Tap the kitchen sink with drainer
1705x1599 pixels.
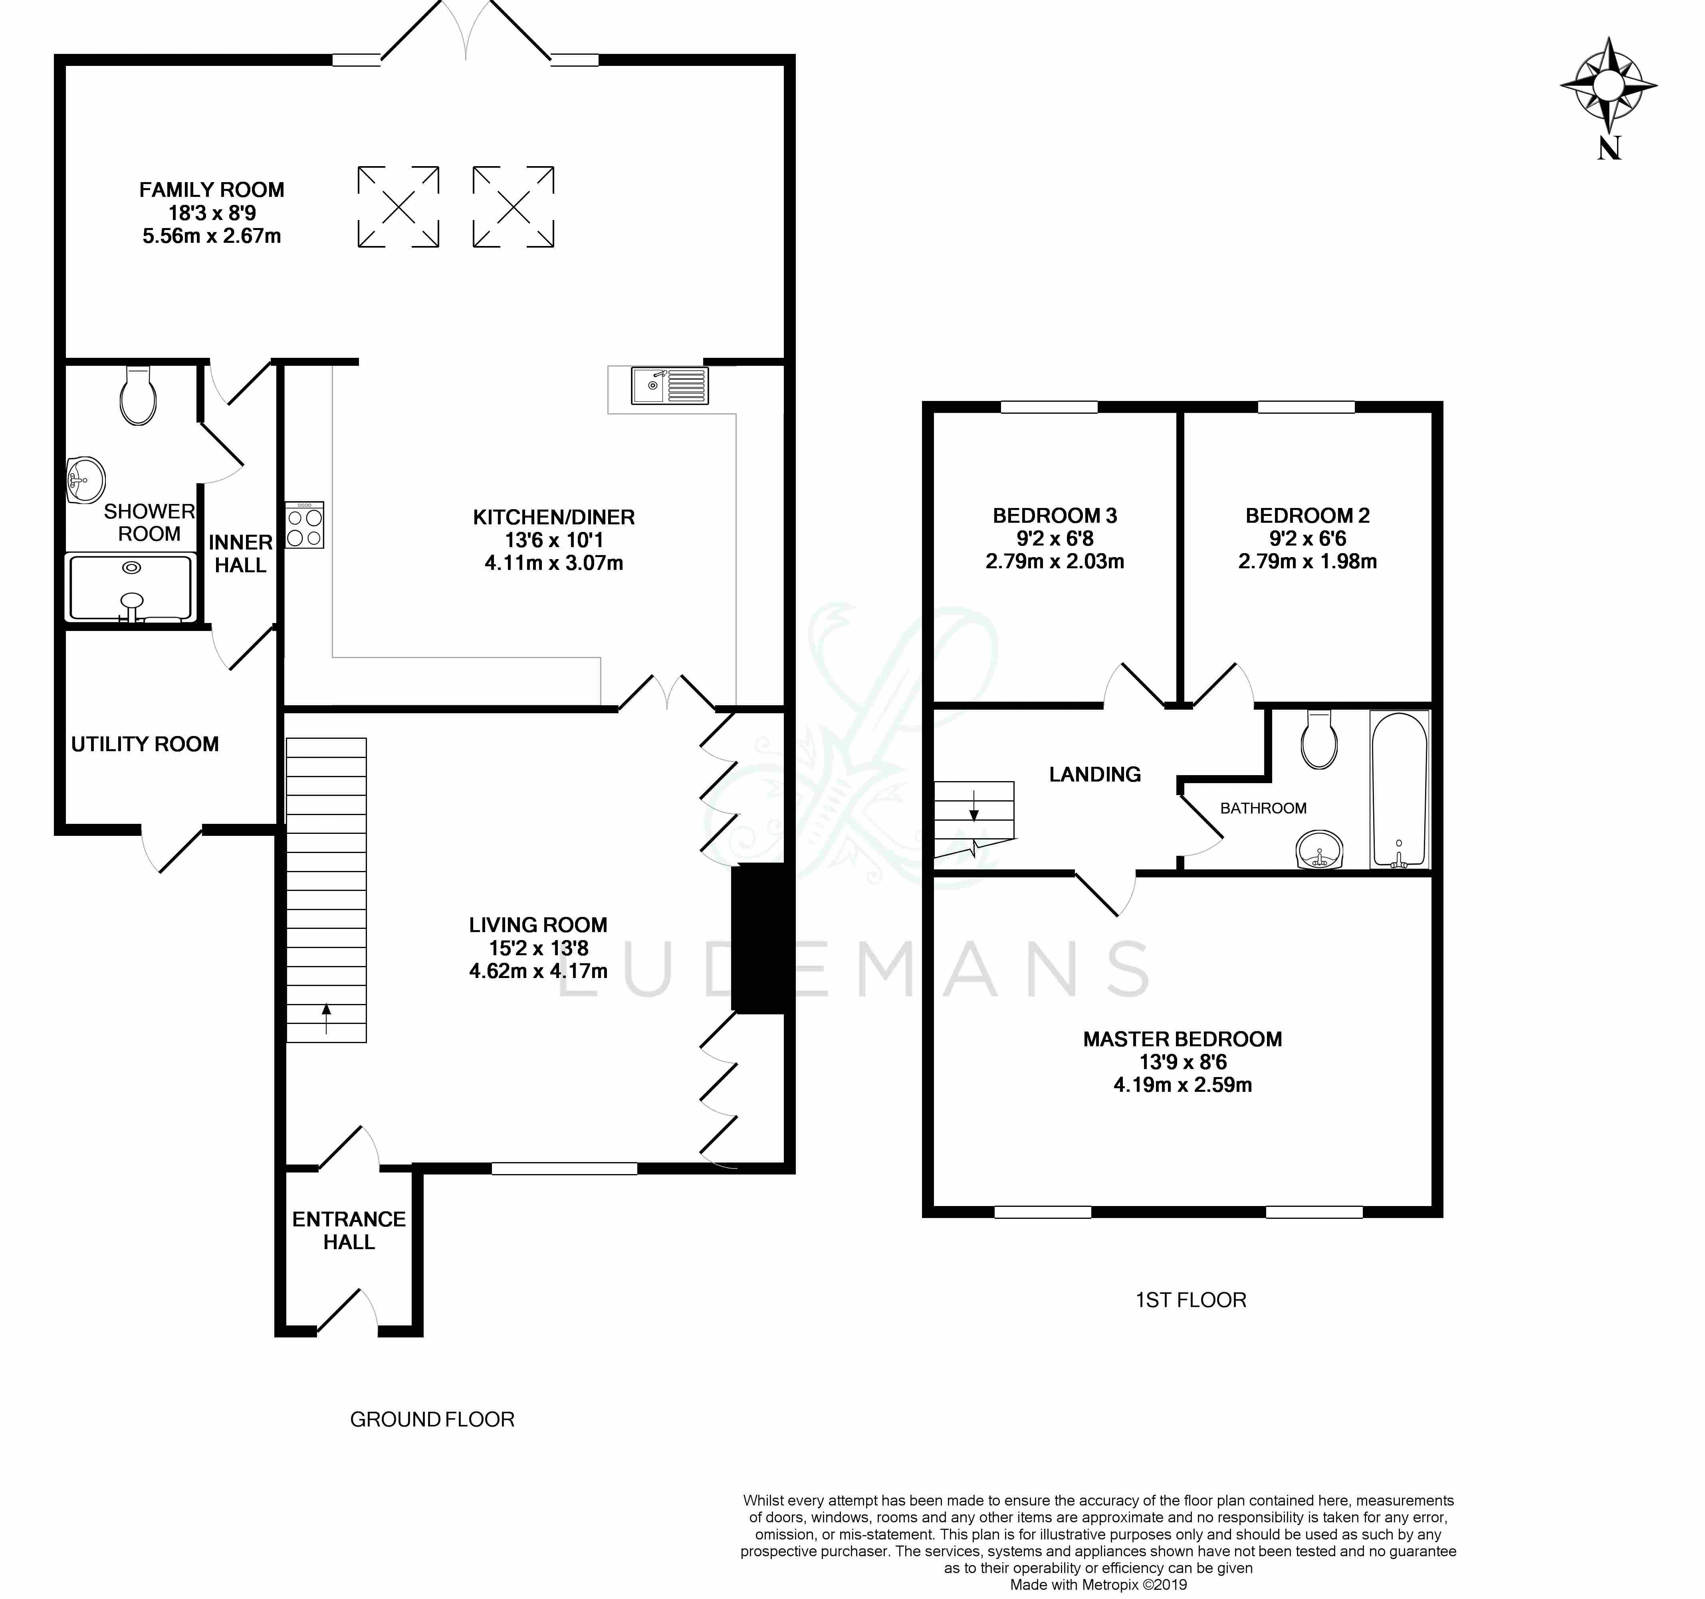(x=670, y=385)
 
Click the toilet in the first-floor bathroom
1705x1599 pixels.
(x=1319, y=740)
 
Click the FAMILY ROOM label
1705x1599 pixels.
(x=212, y=190)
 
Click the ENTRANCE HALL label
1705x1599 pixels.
(x=349, y=1230)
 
